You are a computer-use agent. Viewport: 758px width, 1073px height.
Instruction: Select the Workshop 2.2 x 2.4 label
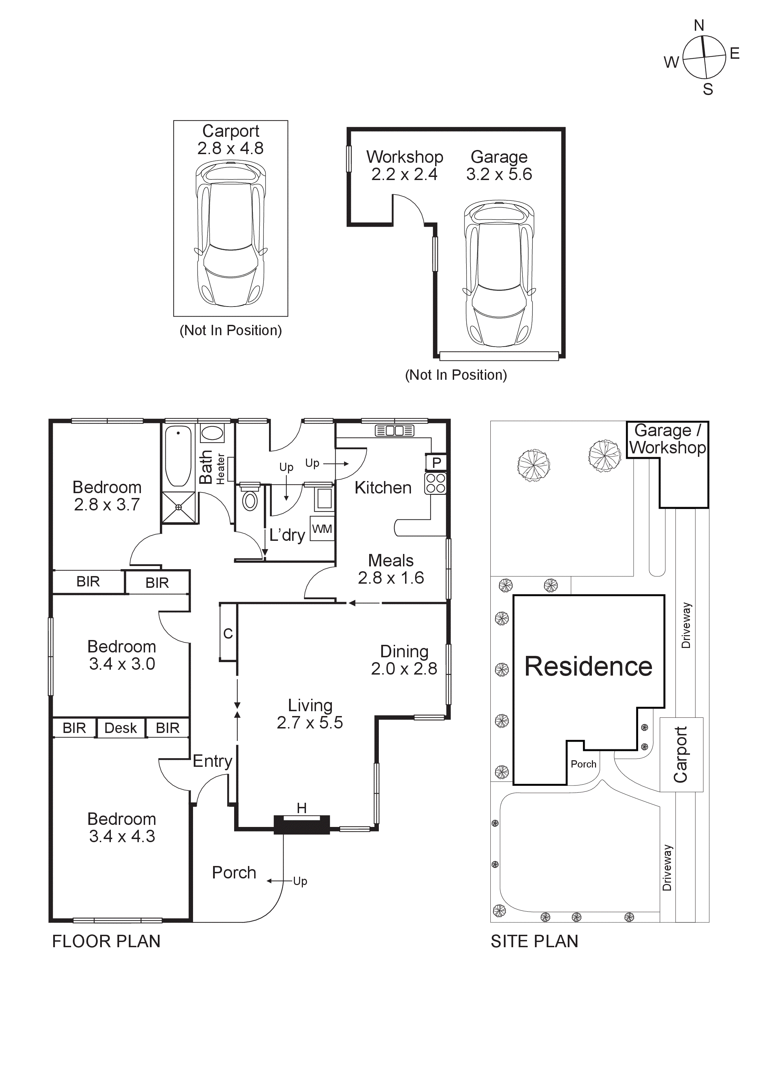(404, 166)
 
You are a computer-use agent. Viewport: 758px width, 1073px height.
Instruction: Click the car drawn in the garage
(499, 273)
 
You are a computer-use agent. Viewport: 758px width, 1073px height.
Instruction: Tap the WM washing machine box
(322, 529)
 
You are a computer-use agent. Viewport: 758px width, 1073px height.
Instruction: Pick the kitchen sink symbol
(395, 431)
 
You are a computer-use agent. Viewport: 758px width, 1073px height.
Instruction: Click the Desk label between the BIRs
(121, 728)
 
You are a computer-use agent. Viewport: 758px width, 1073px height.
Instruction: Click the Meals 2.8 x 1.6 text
(391, 569)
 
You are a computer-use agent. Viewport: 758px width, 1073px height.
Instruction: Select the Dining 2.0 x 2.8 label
(404, 660)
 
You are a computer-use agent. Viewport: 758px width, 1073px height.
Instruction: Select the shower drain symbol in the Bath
(179, 507)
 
